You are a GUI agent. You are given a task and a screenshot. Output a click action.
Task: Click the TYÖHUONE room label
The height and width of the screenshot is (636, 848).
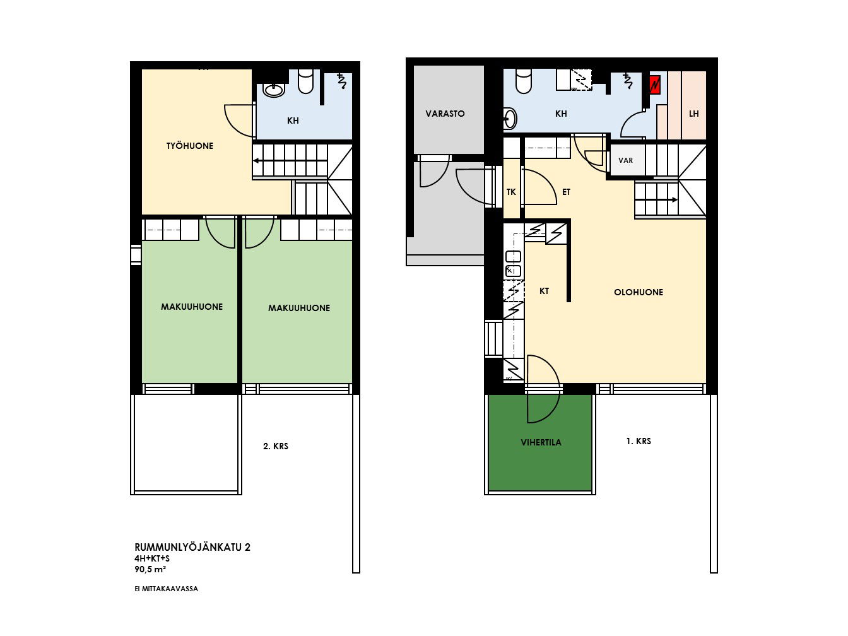coord(190,146)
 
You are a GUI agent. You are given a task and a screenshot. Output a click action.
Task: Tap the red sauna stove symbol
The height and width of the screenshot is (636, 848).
coord(654,85)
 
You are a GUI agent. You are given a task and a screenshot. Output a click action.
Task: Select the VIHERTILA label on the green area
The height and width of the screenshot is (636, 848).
coord(541,442)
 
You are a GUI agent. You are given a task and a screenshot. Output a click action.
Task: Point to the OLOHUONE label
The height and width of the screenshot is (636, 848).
coord(639,292)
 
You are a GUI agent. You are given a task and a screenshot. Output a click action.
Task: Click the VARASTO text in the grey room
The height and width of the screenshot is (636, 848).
coord(445,114)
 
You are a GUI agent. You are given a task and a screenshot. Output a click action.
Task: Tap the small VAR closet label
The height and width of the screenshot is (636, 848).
coord(625,160)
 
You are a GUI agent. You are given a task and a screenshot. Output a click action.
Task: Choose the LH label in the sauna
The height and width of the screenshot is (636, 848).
coord(694,114)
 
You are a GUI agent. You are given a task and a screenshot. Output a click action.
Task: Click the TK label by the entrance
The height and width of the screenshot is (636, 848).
coord(511,192)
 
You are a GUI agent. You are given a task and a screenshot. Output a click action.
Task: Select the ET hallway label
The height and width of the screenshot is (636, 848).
coord(566,192)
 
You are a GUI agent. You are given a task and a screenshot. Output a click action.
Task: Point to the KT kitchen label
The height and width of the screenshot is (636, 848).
coord(544,291)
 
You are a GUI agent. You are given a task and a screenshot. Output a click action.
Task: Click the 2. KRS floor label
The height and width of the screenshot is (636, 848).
coord(276,446)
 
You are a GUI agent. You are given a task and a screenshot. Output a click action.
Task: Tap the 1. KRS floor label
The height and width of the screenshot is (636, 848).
coord(639,441)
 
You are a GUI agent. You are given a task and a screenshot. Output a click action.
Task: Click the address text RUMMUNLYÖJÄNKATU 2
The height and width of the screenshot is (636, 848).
coord(192,547)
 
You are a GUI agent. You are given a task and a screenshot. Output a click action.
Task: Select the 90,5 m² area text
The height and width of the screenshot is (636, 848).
coord(150,569)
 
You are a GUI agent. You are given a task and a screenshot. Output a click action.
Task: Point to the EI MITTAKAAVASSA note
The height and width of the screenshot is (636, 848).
coord(166,589)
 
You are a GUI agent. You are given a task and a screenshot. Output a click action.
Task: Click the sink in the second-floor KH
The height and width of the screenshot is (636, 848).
coord(274,90)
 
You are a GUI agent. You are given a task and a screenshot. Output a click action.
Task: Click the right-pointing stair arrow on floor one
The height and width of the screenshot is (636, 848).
coord(657,200)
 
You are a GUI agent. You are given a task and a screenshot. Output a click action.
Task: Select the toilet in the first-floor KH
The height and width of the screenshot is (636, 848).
coord(524,81)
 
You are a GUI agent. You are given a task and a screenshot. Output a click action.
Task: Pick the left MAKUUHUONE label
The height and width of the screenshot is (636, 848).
coord(192,307)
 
